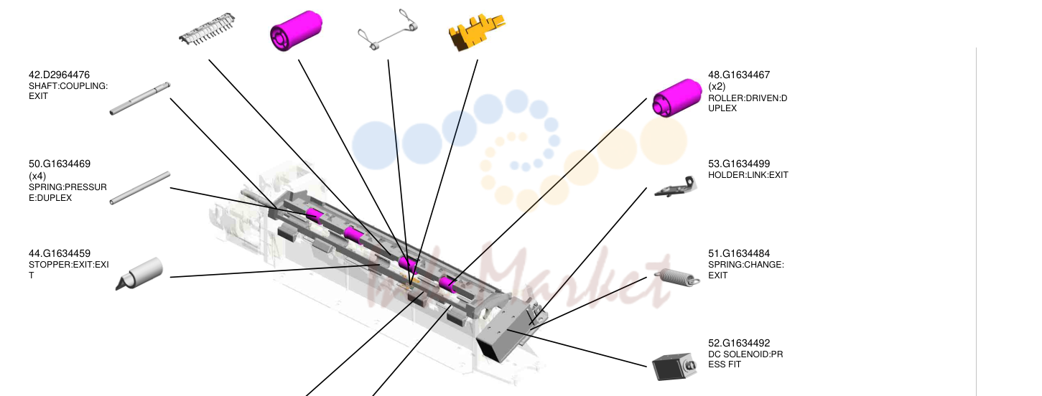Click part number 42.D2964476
(59, 75)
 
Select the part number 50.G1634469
(60, 164)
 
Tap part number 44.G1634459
(60, 254)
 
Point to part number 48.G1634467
(739, 75)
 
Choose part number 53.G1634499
(739, 164)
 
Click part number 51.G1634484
(739, 254)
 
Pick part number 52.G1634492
(739, 344)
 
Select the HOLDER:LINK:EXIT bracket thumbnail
(676, 187)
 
